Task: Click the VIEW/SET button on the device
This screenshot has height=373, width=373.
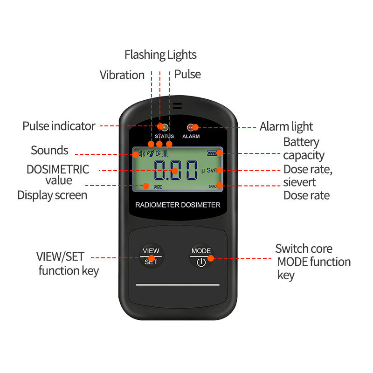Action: click(x=151, y=256)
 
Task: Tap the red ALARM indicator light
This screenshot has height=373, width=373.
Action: click(x=191, y=127)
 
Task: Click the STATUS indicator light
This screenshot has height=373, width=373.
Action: click(x=164, y=127)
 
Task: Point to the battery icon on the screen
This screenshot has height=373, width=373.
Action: click(x=212, y=153)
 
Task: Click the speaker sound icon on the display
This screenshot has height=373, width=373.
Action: click(x=142, y=154)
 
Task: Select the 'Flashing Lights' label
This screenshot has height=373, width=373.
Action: click(x=160, y=55)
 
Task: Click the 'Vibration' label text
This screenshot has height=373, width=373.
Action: click(x=122, y=75)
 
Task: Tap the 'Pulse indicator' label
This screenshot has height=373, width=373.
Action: click(x=59, y=126)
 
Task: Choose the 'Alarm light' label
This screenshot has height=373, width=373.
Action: click(x=286, y=126)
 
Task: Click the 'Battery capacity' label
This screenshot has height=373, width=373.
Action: click(x=304, y=149)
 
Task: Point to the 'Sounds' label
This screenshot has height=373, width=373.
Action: click(x=49, y=150)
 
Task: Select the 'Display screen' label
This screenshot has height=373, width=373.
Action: click(x=52, y=195)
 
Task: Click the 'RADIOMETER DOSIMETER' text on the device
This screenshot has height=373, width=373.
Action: click(x=178, y=205)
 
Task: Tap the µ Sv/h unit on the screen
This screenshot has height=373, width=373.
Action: click(x=209, y=170)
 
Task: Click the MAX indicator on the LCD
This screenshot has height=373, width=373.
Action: click(x=213, y=186)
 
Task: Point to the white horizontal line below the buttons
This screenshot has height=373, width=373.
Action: click(x=178, y=285)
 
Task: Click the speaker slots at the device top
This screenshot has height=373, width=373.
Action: click(x=178, y=106)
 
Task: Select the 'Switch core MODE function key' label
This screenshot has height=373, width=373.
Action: click(x=313, y=262)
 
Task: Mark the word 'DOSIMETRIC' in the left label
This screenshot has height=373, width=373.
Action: click(x=58, y=170)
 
